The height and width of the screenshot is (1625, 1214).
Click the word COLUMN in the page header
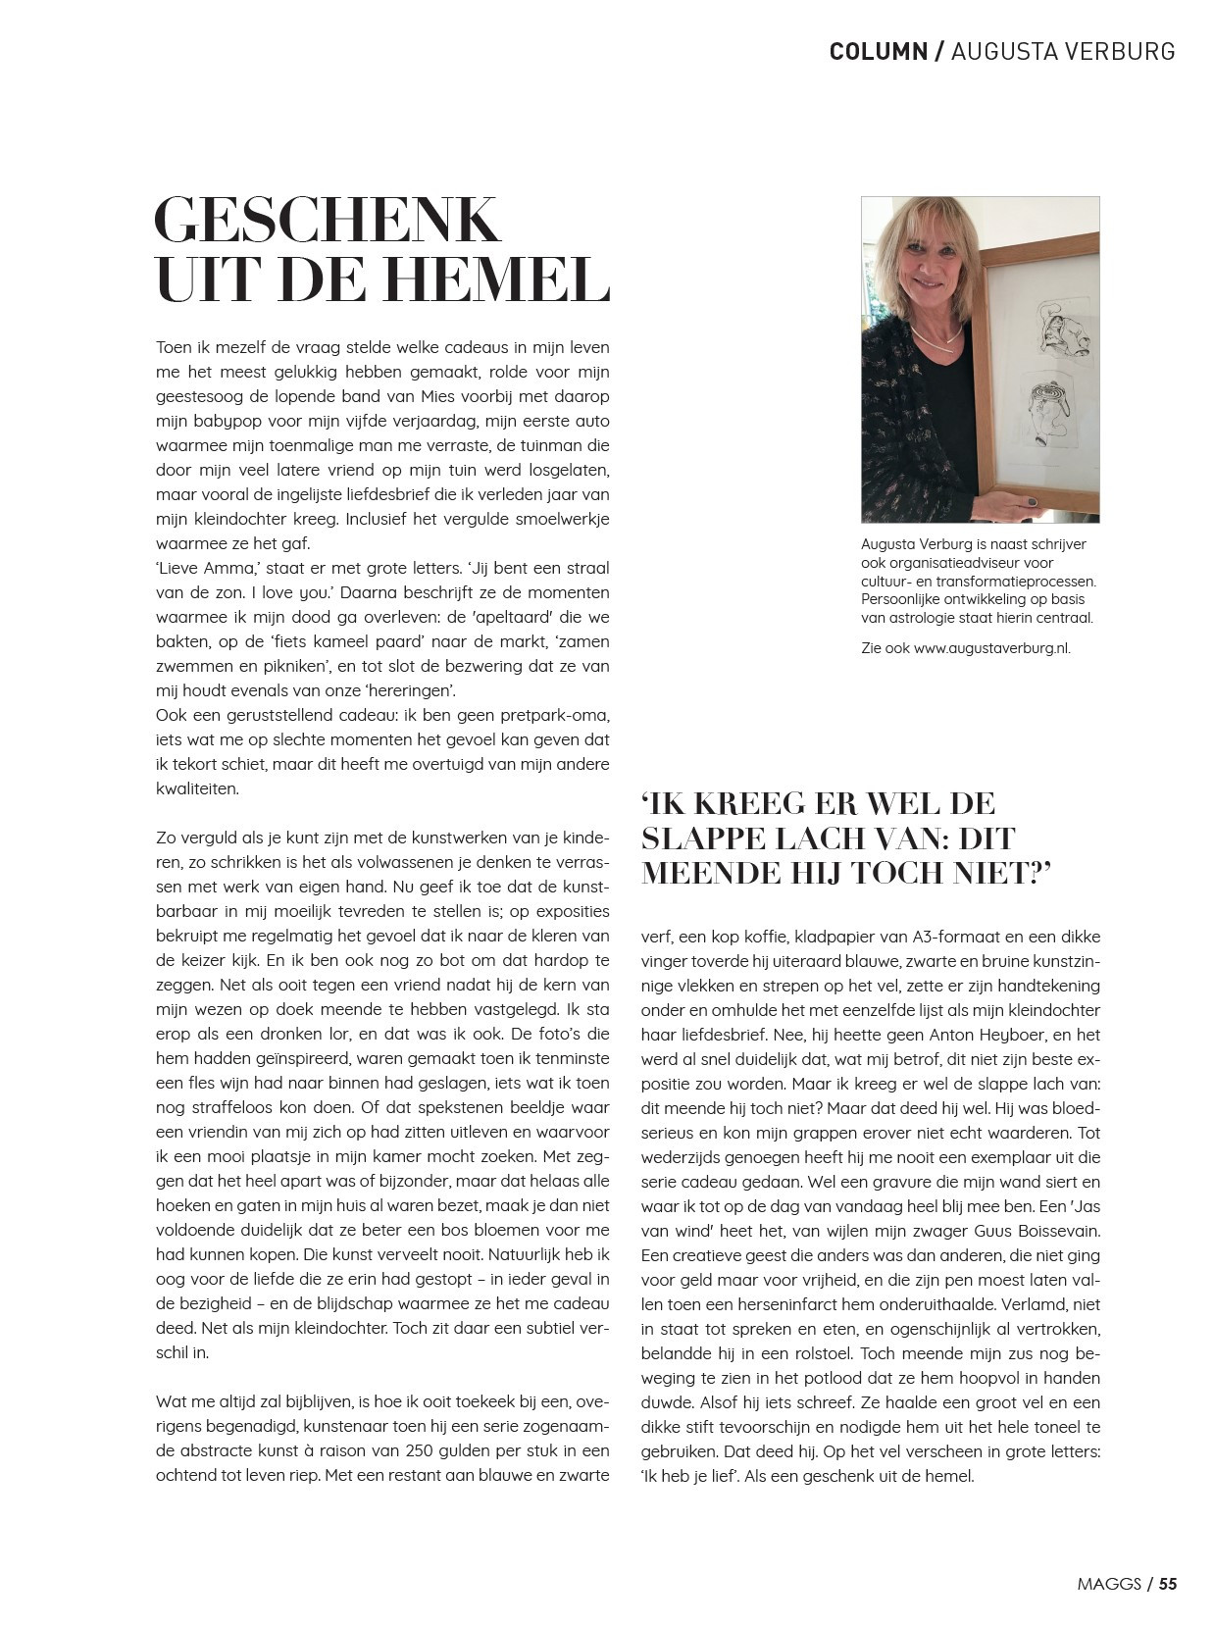click(x=878, y=51)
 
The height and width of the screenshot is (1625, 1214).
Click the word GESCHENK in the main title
click(x=327, y=221)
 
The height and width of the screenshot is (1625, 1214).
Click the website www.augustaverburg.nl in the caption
click(x=991, y=648)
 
